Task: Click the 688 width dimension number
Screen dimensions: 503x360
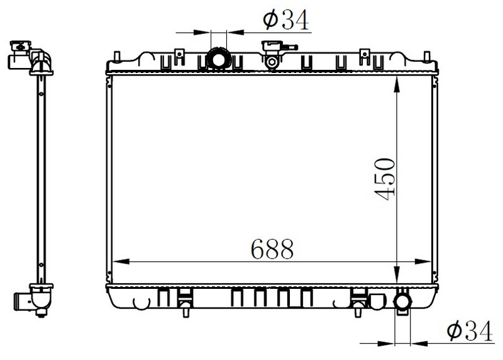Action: [272, 249]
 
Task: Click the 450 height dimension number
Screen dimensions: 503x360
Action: [384, 179]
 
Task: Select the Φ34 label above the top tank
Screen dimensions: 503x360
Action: [286, 20]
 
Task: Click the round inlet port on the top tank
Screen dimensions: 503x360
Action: [218, 59]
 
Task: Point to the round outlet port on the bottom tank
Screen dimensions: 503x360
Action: [402, 301]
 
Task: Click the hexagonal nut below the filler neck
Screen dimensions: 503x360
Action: [272, 62]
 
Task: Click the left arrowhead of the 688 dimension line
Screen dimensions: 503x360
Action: [121, 261]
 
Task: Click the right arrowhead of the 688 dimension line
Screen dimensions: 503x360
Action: [423, 261]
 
